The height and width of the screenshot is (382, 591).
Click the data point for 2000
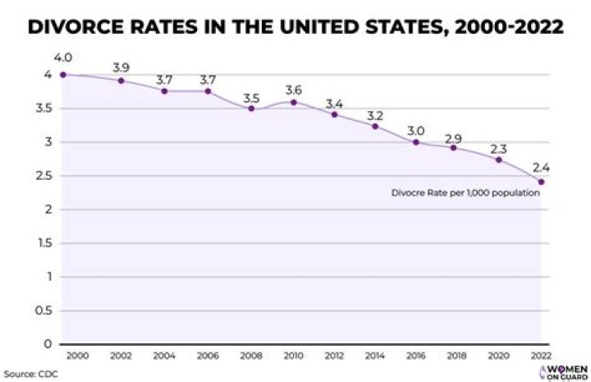63,75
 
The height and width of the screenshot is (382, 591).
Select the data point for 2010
293,102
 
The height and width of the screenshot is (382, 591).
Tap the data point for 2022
541,182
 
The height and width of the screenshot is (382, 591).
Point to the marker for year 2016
416,142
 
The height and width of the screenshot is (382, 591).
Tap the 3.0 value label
416,130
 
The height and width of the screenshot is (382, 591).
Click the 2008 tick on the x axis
251,356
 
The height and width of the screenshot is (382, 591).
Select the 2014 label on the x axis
374,356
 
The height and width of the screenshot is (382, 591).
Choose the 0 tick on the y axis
48,344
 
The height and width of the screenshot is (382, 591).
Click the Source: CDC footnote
30,374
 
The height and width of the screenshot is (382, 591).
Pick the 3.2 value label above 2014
374,114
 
